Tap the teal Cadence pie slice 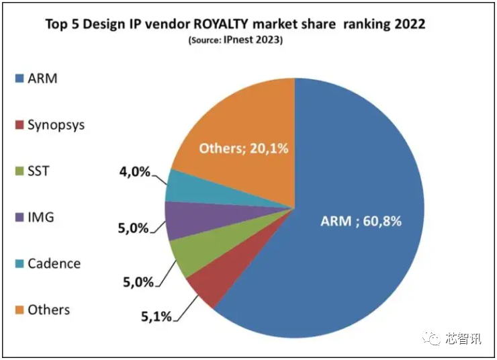179,185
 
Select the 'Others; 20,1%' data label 244,148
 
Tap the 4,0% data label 134,172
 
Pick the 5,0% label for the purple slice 132,228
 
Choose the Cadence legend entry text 54,263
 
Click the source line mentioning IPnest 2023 235,41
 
